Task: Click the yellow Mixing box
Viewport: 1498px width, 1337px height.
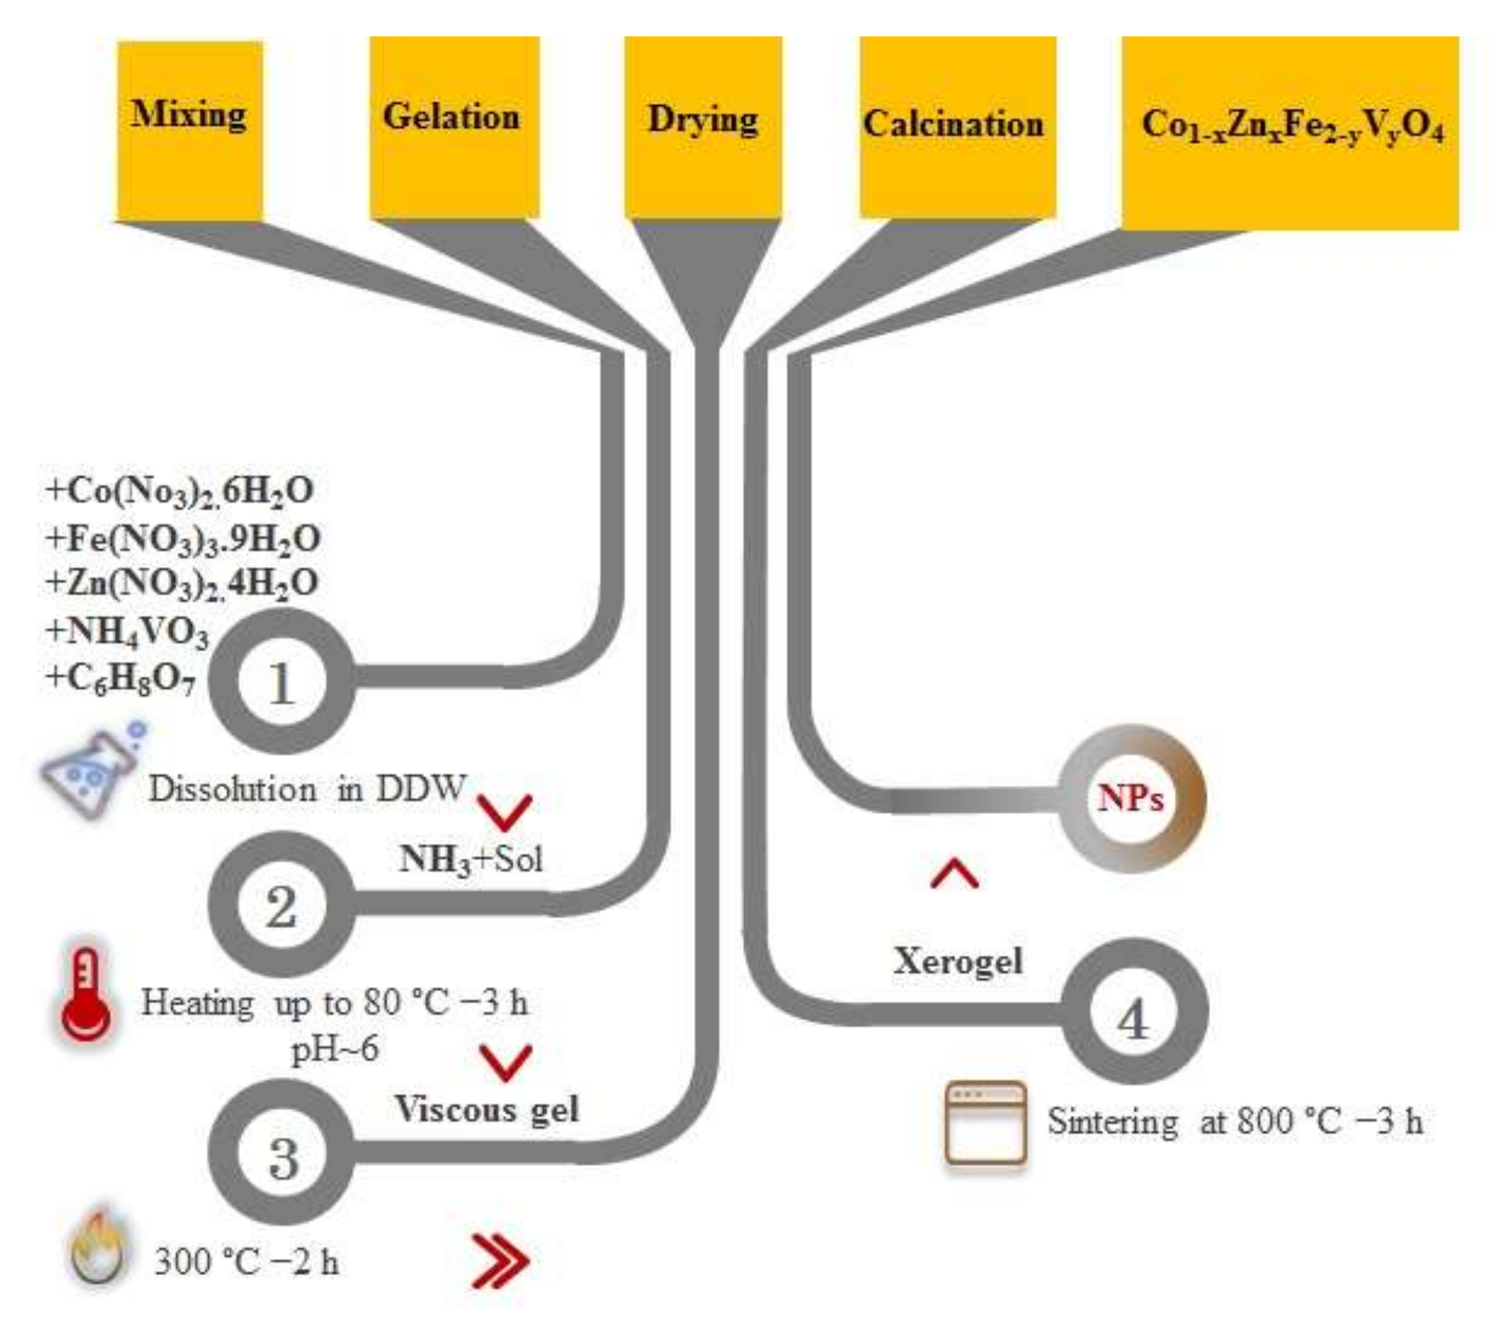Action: click(x=190, y=130)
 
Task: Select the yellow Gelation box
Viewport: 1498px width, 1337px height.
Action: click(x=453, y=128)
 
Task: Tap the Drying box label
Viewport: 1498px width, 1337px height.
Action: click(x=703, y=120)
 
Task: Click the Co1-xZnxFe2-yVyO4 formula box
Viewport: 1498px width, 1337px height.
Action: click(x=1290, y=132)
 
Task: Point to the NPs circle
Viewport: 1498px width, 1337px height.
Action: click(x=1130, y=798)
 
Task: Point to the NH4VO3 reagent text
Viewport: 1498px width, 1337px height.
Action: click(x=128, y=631)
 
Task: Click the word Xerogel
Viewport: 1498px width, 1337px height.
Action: click(x=958, y=962)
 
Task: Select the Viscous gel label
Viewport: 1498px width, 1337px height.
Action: click(x=487, y=1110)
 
